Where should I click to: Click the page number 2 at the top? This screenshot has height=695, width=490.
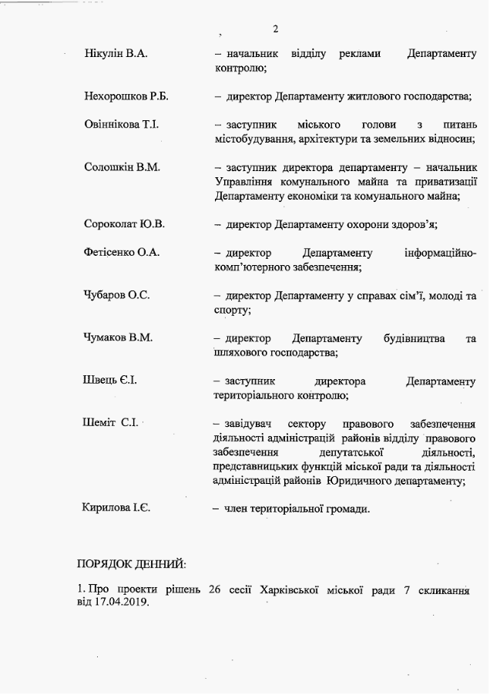pyautogui.click(x=275, y=29)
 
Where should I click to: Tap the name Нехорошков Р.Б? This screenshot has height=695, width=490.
pyautogui.click(x=126, y=96)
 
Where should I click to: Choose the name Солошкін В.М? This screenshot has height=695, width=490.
pyautogui.click(x=122, y=167)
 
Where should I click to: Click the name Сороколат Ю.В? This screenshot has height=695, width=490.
pyautogui.click(x=124, y=224)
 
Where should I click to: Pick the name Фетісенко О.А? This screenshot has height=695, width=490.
pyautogui.click(x=121, y=253)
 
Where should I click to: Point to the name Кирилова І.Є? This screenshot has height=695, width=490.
pyautogui.click(x=116, y=508)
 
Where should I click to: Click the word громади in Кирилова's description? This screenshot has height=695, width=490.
pyautogui.click(x=347, y=509)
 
